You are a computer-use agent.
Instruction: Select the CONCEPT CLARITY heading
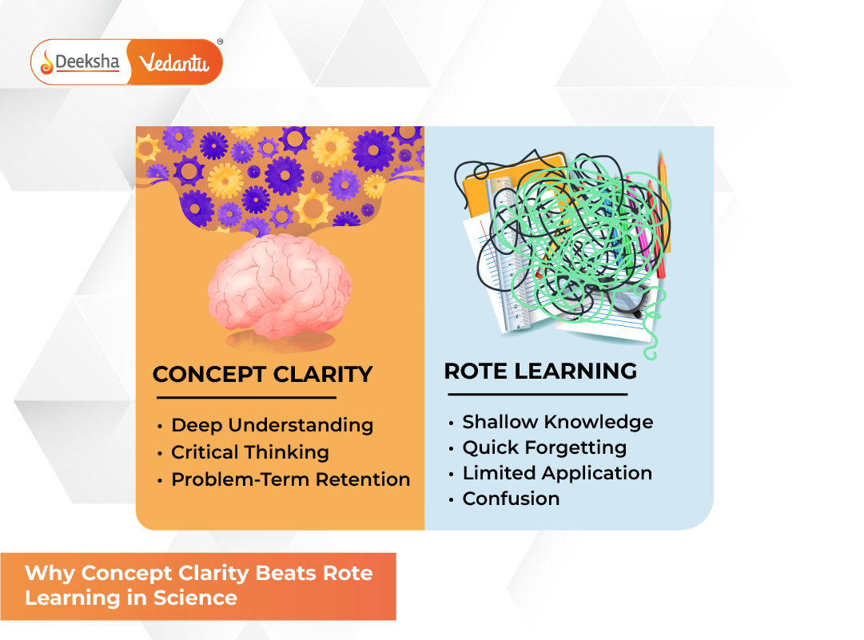(262, 374)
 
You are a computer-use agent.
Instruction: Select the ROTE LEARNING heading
(540, 371)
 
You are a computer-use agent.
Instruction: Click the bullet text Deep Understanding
(272, 425)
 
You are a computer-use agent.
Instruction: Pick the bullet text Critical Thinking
(249, 452)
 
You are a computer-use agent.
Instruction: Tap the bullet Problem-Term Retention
(290, 479)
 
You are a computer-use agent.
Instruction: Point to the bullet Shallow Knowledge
(557, 422)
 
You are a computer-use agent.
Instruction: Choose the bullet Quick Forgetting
(544, 447)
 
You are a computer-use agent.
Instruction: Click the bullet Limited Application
(557, 473)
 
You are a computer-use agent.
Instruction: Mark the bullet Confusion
(511, 499)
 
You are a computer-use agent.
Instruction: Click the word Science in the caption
(199, 598)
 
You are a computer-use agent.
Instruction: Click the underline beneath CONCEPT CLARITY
(246, 397)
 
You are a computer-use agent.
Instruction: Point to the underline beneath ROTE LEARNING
(537, 394)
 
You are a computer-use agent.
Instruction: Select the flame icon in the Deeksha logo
(46, 62)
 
